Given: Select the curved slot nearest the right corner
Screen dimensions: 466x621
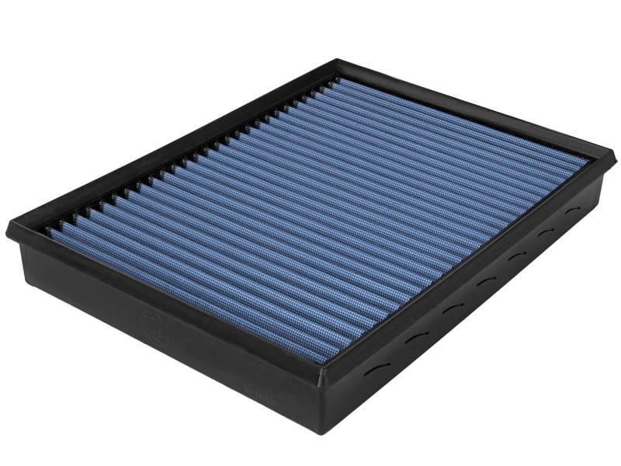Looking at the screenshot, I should [x=573, y=210].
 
